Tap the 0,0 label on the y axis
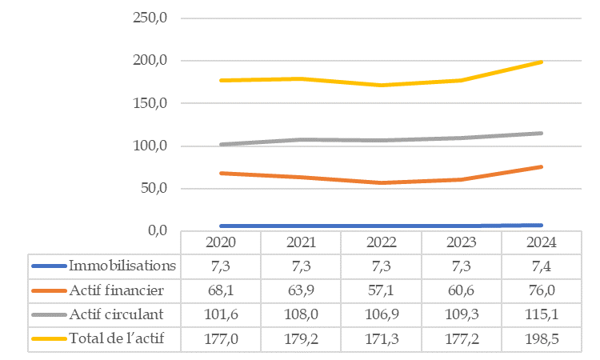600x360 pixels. (x=156, y=231)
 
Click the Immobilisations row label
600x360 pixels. (x=122, y=266)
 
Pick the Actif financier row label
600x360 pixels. (x=117, y=290)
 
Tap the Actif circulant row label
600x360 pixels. (x=116, y=314)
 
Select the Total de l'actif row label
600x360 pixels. (x=117, y=338)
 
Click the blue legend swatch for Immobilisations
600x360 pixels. (x=49, y=266)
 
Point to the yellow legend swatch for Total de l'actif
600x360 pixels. (x=49, y=338)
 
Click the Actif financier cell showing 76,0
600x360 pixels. (x=541, y=290)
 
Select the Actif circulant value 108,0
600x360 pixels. (x=301, y=314)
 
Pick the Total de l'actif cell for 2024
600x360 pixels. (x=541, y=338)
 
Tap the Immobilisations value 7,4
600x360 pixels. (x=541, y=266)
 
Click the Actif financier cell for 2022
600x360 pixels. (x=381, y=290)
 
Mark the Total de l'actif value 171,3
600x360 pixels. (x=381, y=338)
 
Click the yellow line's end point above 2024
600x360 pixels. (x=542, y=62)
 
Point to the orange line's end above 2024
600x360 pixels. (x=542, y=166)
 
